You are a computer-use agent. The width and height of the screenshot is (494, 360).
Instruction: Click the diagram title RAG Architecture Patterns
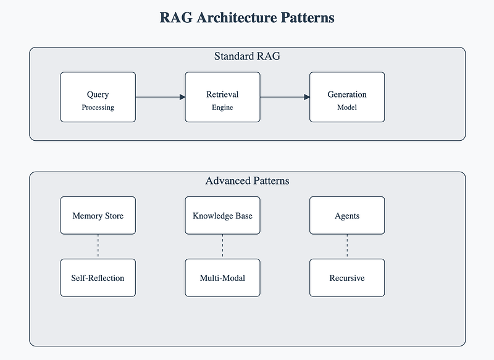[247, 18]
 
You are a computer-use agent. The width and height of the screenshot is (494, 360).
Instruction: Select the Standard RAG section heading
[248, 56]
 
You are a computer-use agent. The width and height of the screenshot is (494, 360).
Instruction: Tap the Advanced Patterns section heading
[248, 181]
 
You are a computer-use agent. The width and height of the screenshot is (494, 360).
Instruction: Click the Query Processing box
[98, 97]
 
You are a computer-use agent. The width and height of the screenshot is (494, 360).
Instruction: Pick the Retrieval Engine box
[222, 97]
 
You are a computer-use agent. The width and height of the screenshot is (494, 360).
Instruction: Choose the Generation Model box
[347, 97]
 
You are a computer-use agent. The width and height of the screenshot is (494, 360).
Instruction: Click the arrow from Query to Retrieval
[161, 97]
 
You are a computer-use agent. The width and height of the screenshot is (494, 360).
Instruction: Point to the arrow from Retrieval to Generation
[285, 97]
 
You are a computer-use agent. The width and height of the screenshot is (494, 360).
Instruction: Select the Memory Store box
[98, 216]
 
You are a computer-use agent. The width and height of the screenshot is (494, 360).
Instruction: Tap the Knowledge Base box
[222, 216]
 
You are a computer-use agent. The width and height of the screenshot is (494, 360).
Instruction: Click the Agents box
[347, 216]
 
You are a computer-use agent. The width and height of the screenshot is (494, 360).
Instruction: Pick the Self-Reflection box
[98, 278]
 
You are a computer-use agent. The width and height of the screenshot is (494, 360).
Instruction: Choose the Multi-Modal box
[222, 278]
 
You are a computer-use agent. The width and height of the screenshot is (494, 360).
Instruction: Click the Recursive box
[347, 278]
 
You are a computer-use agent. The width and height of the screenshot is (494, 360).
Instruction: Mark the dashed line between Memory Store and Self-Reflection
[98, 246]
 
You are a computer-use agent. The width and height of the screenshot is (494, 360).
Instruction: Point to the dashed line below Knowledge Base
[222, 246]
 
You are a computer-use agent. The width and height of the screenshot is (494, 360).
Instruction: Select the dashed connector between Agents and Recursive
[347, 246]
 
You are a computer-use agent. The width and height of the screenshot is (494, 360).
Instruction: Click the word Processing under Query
[98, 107]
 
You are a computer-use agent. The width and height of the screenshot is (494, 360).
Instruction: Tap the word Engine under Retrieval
[222, 107]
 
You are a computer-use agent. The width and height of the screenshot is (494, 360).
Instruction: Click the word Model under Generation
[347, 107]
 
